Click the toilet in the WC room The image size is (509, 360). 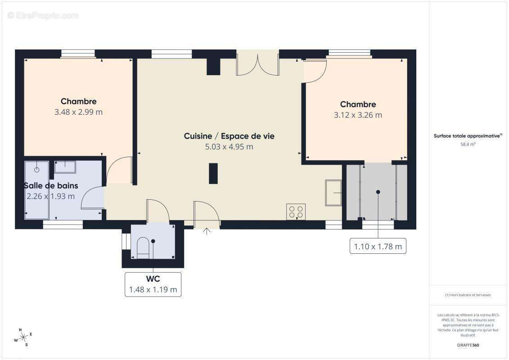[143, 247]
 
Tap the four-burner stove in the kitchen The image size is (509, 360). [296, 211]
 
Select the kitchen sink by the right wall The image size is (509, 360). [333, 192]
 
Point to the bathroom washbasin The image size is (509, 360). [65, 167]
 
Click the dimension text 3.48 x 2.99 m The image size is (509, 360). [78, 112]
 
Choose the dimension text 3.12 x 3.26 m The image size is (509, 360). [358, 115]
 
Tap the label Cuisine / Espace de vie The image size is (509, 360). [229, 136]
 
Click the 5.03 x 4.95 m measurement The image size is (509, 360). [229, 147]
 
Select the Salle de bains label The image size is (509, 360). [51, 185]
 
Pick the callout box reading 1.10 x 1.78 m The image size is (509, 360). [378, 246]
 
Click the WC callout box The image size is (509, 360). [153, 284]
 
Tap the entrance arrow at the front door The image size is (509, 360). [207, 232]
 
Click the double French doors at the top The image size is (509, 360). [257, 64]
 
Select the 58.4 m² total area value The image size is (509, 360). [468, 144]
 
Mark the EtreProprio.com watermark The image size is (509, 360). [43, 16]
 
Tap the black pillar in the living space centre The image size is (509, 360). [213, 173]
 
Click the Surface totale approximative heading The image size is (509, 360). [468, 135]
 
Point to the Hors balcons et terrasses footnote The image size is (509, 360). [468, 295]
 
